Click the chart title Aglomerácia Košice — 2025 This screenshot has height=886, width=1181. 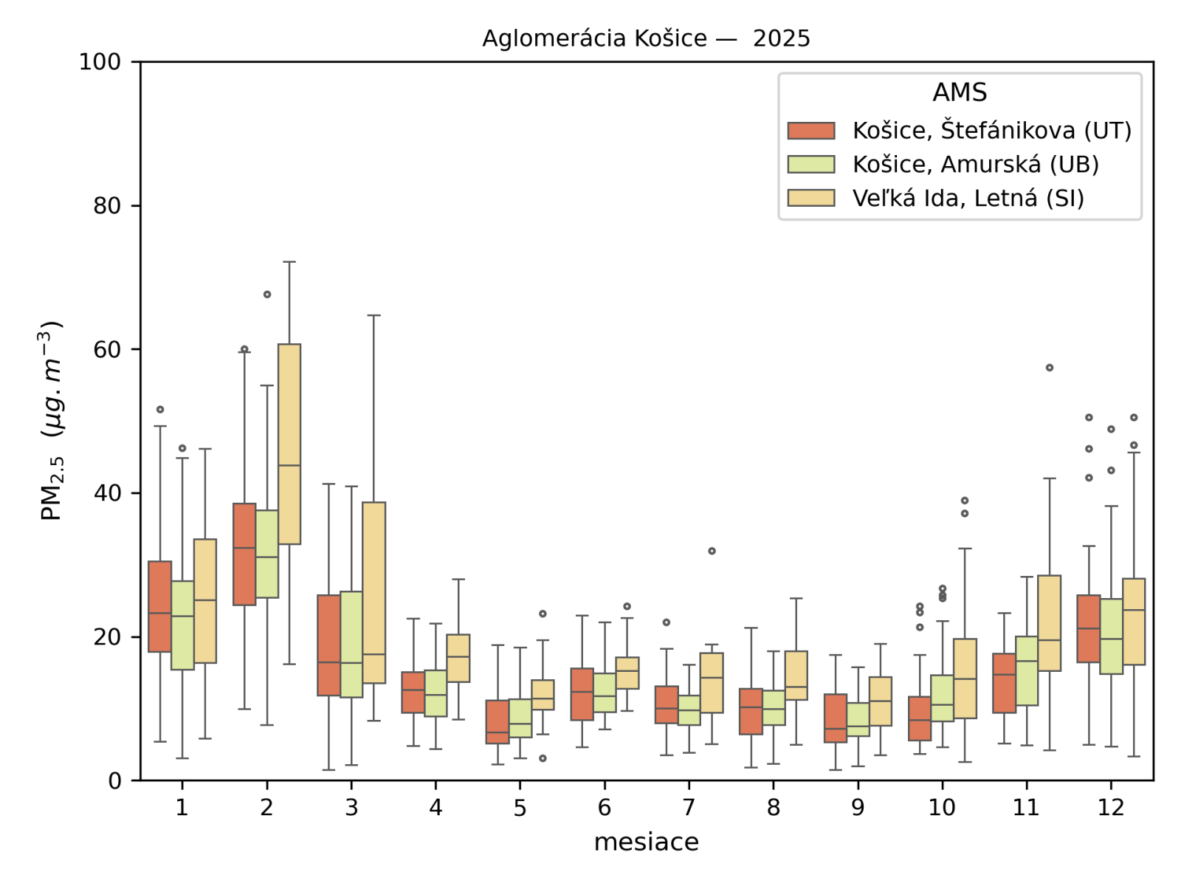click(646, 38)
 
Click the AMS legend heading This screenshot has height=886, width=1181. click(960, 92)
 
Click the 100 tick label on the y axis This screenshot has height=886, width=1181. click(100, 62)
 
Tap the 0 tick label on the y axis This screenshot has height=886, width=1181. click(115, 780)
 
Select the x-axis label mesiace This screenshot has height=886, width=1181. click(646, 842)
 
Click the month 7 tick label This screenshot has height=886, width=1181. click(689, 808)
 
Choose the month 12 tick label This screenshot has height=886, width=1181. click(1111, 808)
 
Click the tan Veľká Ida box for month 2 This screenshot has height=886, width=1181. click(289, 443)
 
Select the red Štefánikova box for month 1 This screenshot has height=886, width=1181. click(160, 606)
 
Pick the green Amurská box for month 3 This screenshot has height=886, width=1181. click(351, 644)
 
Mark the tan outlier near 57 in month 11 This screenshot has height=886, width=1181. click(1050, 368)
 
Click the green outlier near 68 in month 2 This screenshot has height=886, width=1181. click(267, 295)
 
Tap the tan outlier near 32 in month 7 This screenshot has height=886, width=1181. click(712, 551)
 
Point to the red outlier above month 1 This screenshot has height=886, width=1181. click(160, 410)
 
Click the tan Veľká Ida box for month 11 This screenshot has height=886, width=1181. click(1050, 623)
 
